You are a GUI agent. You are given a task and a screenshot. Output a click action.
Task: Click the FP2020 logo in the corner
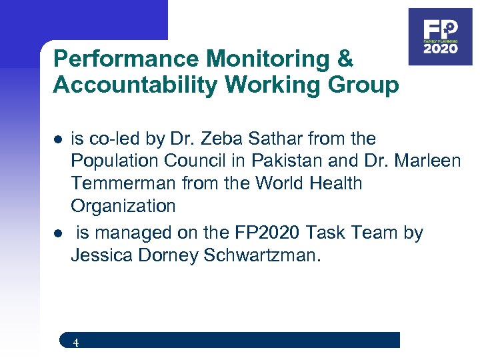[440, 36]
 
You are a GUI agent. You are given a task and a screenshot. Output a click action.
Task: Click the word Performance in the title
[127, 59]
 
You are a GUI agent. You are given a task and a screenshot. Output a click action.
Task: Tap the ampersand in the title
[345, 59]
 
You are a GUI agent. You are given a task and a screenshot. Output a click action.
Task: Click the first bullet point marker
[58, 140]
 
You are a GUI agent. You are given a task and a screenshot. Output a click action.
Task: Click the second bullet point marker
[58, 235]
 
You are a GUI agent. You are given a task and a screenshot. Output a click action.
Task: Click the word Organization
[123, 206]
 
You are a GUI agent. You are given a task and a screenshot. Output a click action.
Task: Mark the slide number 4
[76, 343]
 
